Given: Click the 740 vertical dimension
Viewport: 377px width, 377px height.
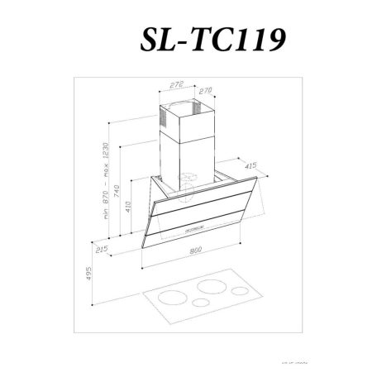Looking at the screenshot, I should point(118,192).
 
